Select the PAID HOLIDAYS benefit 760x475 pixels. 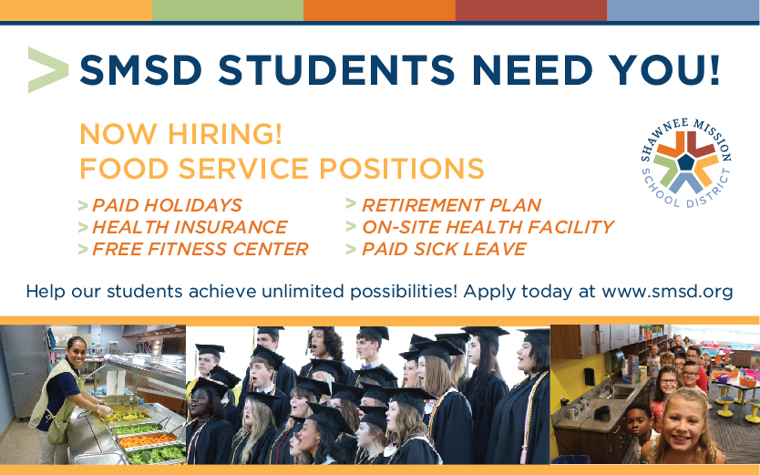tap(167, 205)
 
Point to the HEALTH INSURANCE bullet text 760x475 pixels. tap(190, 227)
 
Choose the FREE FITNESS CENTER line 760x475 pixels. tap(200, 249)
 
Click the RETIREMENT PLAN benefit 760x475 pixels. tap(451, 205)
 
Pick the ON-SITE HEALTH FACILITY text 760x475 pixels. tap(488, 227)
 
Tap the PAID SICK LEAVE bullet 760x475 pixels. tap(443, 249)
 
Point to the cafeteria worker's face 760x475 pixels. tap(77, 350)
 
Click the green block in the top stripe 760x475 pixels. tap(228, 10)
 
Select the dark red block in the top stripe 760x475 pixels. tap(530, 10)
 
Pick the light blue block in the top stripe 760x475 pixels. tap(683, 10)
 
